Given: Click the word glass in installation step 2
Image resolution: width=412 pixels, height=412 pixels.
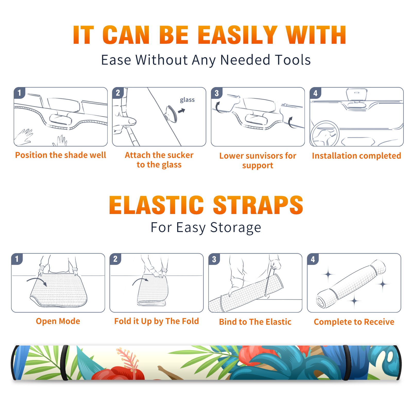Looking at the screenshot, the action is (x=187, y=100).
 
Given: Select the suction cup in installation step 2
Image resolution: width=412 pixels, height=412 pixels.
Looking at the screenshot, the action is (x=171, y=114).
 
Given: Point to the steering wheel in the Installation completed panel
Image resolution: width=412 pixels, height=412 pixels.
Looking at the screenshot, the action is (x=325, y=133).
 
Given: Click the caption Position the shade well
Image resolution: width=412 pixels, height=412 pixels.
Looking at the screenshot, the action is (x=61, y=155).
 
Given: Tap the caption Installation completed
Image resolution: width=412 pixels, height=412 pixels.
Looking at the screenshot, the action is (x=356, y=156).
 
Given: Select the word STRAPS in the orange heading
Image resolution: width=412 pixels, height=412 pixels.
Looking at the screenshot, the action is (x=258, y=205).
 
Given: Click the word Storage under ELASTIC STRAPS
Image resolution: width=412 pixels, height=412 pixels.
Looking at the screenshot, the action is (x=236, y=228).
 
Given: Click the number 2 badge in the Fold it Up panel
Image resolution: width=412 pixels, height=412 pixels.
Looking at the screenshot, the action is (x=115, y=259).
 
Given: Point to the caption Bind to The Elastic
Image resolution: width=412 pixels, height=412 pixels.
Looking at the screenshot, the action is (x=255, y=322).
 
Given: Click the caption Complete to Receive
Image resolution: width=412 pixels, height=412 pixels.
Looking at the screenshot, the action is (x=354, y=322).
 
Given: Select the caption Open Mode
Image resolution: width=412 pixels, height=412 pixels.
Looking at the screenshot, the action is (x=58, y=321).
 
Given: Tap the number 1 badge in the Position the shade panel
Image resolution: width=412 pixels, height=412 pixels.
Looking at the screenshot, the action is (x=19, y=93).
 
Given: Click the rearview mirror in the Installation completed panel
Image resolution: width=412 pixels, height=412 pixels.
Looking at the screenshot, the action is (x=357, y=95).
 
